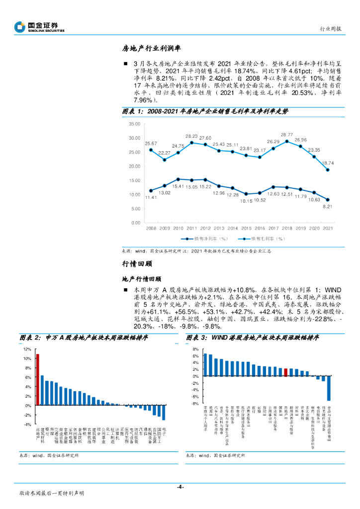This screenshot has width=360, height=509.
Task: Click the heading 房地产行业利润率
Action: click(151, 49)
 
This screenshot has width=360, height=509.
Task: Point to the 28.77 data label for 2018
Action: click(286, 135)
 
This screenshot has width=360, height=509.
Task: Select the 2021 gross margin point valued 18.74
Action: click(327, 170)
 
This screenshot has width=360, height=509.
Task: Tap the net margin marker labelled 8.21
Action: click(327, 199)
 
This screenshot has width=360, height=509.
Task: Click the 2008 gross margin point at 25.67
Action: click(151, 150)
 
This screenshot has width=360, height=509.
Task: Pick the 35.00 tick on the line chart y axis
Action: click(134, 123)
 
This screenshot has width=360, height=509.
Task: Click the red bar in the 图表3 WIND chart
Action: click(286, 372)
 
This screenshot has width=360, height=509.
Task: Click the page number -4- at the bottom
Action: click(180, 486)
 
